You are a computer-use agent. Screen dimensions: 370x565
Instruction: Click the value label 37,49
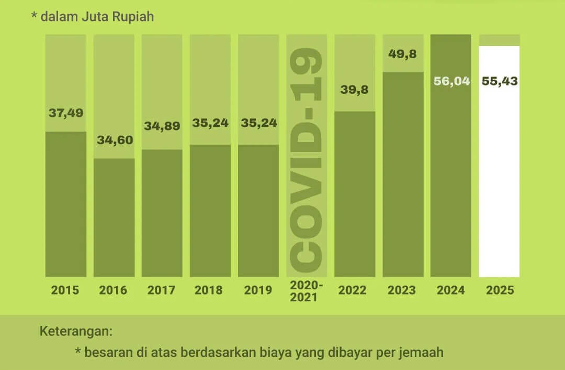point(66,113)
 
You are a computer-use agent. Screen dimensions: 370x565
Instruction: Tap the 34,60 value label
point(115,140)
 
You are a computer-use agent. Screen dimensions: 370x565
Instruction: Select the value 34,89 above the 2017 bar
point(162,126)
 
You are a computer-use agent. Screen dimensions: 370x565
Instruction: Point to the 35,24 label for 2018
point(210,123)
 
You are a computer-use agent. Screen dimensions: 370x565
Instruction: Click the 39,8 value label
point(355,90)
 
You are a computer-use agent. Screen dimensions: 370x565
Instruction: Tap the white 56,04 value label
point(451,82)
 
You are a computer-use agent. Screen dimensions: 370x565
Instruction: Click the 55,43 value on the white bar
point(500,82)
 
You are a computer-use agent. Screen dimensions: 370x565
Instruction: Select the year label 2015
point(65,290)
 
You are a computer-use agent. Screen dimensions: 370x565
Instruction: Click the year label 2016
point(114,290)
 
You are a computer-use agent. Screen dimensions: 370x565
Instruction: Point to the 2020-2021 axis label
point(307,290)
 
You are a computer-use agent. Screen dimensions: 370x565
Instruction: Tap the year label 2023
point(402,290)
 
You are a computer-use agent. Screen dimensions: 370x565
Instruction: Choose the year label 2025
point(500,290)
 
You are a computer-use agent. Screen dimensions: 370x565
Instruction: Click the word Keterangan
point(76,332)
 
